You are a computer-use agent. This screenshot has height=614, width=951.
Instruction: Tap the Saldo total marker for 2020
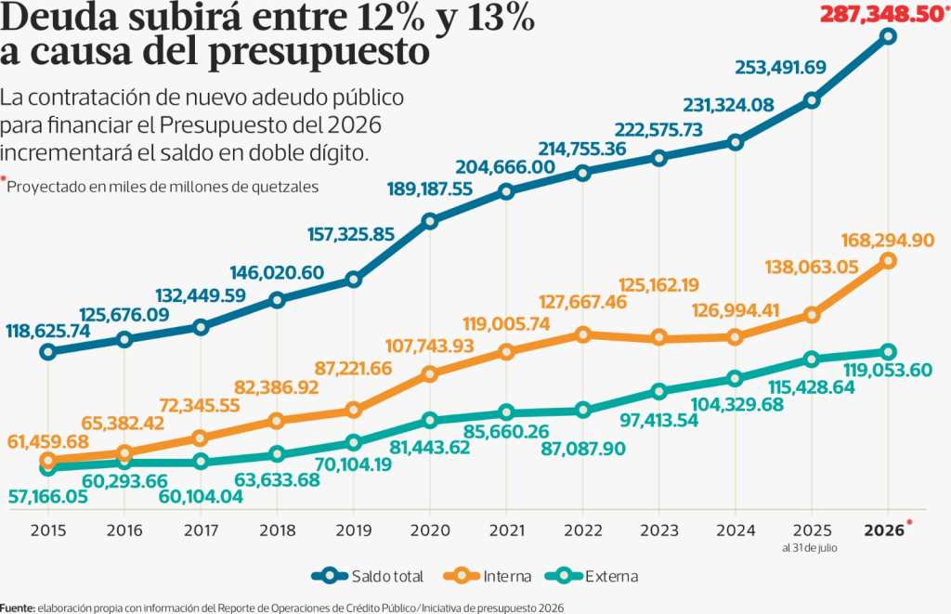click(429, 221)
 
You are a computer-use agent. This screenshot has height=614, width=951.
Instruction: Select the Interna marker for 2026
click(888, 261)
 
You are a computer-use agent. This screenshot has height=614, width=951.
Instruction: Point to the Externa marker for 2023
click(658, 391)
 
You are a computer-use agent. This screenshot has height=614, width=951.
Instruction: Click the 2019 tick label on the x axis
click(353, 529)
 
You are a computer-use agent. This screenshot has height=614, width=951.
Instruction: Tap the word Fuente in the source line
click(17, 607)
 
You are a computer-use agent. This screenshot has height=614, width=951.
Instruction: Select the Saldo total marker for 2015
click(48, 352)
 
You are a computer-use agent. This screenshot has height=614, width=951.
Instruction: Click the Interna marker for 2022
click(582, 334)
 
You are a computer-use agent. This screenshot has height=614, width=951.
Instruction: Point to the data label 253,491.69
click(780, 67)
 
